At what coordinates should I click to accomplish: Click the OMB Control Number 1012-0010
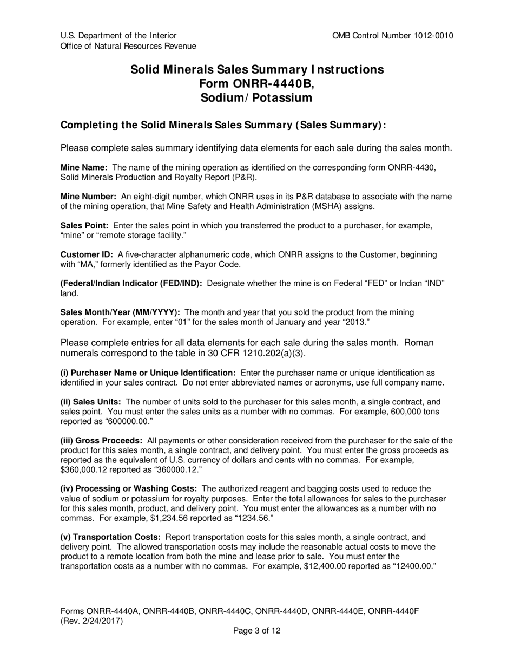point(393,36)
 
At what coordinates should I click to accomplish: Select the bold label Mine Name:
point(84,168)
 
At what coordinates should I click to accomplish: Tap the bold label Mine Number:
point(88,197)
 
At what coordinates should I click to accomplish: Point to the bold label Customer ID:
point(87,254)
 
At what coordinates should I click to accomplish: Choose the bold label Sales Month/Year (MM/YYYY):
point(120,312)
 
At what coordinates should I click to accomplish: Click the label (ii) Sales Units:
point(90,402)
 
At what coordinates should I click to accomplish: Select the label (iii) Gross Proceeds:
point(101,441)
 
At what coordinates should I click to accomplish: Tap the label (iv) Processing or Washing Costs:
point(128,489)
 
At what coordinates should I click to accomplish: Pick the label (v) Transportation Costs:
point(110,537)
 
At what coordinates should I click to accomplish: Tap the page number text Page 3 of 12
point(256,630)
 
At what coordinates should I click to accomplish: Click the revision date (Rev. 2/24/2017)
point(91,621)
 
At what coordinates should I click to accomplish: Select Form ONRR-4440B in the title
point(256,83)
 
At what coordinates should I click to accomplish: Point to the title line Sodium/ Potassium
point(256,98)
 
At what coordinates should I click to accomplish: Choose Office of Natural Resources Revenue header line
point(128,46)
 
